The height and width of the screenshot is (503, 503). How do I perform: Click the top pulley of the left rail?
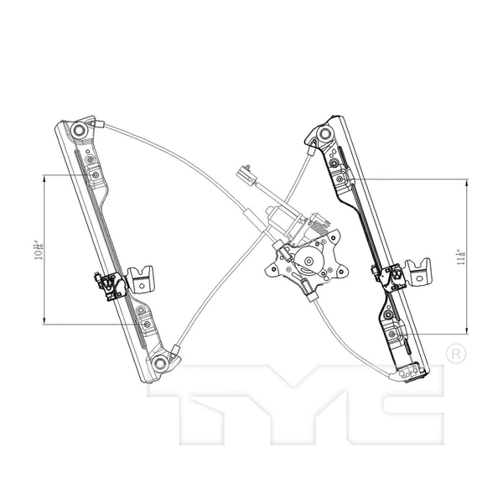point(79,132)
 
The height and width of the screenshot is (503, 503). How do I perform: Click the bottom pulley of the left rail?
point(159,362)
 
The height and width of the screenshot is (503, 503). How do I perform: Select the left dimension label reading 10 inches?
point(38,249)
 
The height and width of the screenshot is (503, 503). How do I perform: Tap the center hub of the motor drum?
point(309,262)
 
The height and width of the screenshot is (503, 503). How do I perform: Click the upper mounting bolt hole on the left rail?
point(95,175)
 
